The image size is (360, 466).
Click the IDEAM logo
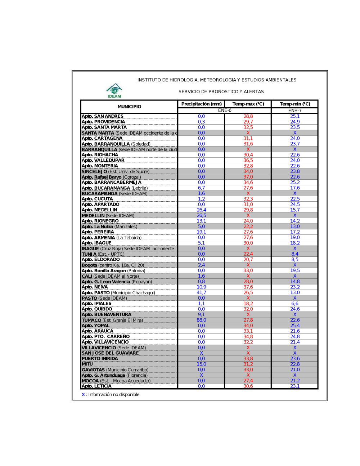[114, 91]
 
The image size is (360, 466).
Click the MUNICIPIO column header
[129, 107]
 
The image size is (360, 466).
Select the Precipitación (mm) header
[201, 104]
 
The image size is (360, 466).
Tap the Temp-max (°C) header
[248, 104]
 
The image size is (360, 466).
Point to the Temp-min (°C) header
[295, 104]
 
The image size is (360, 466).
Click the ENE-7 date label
[295, 111]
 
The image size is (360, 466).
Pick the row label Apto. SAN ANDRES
[103, 116]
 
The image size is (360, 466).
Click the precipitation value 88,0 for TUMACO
[201, 320]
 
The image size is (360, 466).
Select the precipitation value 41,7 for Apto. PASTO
[201, 292]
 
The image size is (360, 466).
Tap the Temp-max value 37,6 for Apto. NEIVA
[248, 287]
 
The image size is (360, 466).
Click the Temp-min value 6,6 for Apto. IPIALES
[295, 304]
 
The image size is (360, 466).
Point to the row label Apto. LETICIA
[96, 386]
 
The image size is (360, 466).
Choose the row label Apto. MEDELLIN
[99, 210]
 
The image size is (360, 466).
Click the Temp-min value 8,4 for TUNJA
[295, 254]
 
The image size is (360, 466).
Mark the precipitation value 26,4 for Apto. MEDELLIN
[201, 210]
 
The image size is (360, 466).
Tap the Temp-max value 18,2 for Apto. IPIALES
[248, 304]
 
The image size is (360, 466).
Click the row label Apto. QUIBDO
[97, 309]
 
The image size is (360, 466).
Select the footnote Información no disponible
[114, 395]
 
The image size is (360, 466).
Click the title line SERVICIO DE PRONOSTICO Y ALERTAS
[221, 92]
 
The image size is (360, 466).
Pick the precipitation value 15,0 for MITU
[201, 364]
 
